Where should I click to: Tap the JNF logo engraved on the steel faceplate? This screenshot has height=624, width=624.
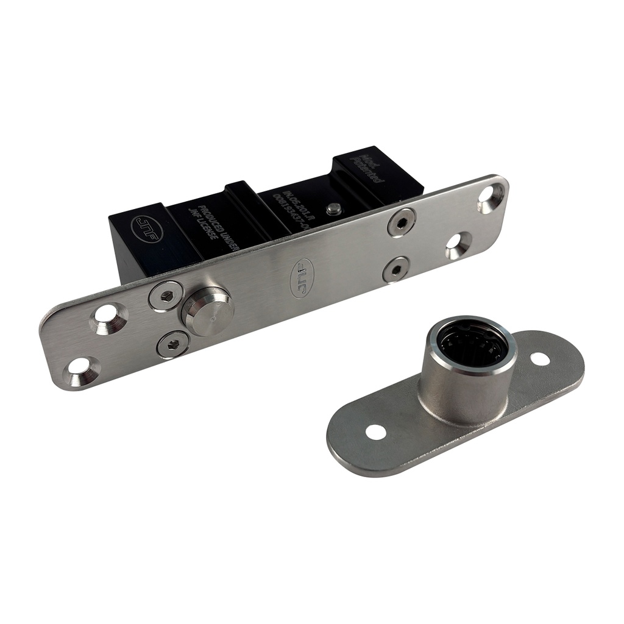302,278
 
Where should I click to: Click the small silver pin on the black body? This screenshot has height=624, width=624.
333,208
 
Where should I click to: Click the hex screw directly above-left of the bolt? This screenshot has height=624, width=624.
165,296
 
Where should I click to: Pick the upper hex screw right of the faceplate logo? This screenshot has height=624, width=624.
401,222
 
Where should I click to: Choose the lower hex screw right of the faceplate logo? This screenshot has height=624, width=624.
396,269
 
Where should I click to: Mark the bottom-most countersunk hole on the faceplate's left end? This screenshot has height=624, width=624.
80,371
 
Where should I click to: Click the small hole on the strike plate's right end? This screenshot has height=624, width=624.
539,358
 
